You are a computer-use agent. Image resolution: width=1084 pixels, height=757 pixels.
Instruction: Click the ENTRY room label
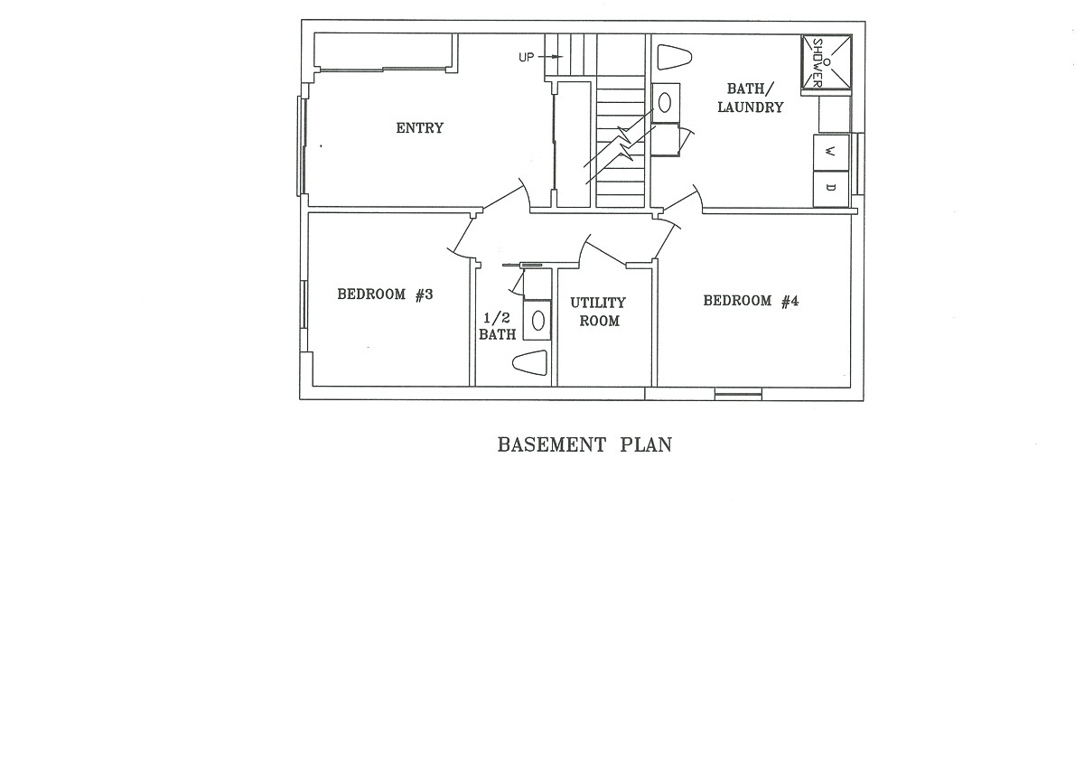pyautogui.click(x=420, y=128)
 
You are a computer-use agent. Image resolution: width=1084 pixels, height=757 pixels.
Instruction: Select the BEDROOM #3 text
pyautogui.click(x=386, y=294)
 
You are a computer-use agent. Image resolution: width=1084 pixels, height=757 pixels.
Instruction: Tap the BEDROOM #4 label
pyautogui.click(x=751, y=302)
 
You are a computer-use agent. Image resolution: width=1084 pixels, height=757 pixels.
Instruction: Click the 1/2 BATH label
pyautogui.click(x=498, y=326)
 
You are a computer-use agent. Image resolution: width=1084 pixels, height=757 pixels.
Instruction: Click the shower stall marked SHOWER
pyautogui.click(x=826, y=63)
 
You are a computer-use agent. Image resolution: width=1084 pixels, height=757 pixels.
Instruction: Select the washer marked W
pyautogui.click(x=831, y=153)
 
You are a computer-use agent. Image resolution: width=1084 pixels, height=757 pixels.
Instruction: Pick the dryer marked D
pyautogui.click(x=831, y=188)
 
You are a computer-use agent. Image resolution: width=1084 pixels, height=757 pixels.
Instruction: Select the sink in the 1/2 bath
pyautogui.click(x=537, y=320)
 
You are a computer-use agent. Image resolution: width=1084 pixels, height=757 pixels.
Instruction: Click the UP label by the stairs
pyautogui.click(x=527, y=58)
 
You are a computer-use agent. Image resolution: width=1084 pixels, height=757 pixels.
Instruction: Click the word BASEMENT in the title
pyautogui.click(x=551, y=445)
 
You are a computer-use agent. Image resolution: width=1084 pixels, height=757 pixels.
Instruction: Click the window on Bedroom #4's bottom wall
pyautogui.click(x=737, y=394)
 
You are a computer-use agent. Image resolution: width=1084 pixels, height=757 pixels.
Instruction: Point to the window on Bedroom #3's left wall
pyautogui.click(x=304, y=316)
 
